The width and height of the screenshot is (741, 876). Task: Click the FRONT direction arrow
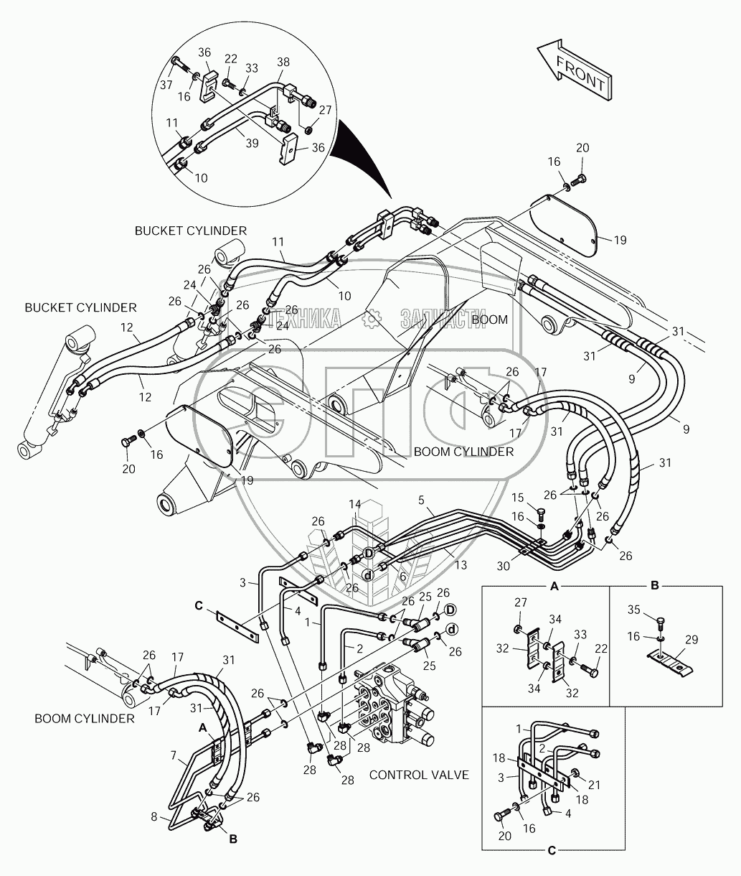point(574,70)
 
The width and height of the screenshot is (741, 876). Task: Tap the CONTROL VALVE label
point(419,775)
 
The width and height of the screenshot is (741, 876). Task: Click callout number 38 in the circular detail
point(283,62)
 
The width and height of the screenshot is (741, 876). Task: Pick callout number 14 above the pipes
point(354,505)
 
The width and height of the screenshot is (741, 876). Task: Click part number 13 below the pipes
point(460,566)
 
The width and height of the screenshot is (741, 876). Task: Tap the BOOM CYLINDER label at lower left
point(85,718)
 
